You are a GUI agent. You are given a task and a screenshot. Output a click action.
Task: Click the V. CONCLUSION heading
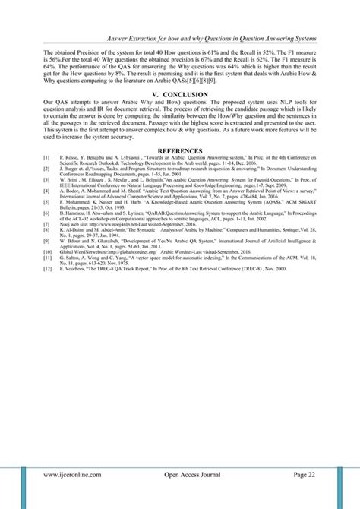tap(180, 93)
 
